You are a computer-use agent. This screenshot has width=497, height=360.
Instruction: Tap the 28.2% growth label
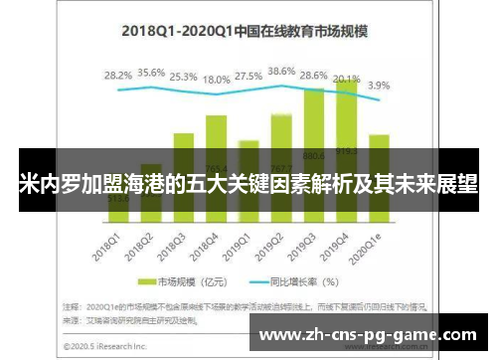(x=118, y=75)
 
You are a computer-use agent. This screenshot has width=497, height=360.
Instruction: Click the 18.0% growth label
(x=217, y=81)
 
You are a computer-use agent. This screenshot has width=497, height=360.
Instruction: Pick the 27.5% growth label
(x=249, y=76)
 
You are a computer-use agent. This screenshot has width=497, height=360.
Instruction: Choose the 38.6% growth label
(x=281, y=72)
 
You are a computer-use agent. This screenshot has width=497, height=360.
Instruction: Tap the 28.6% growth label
(x=314, y=76)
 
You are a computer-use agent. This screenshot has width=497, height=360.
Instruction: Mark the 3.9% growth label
(x=379, y=86)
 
